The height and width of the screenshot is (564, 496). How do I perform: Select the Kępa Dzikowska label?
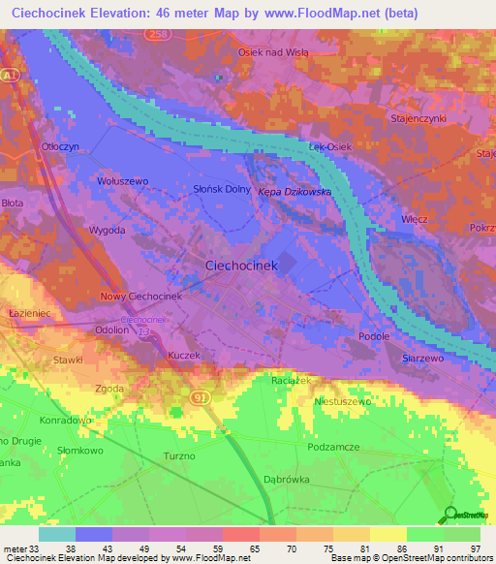tap(294, 192)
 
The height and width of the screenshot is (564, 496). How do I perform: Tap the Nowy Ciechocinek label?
tap(141, 296)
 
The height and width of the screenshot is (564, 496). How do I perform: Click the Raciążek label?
tap(291, 381)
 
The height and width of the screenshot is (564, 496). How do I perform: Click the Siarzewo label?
tap(421, 358)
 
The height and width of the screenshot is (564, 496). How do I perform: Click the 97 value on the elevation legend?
tap(474, 548)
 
